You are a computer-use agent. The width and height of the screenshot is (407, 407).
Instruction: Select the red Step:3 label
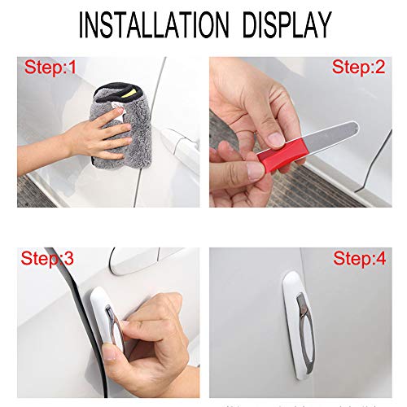47,259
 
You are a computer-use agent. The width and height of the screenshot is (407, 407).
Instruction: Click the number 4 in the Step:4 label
383,259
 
